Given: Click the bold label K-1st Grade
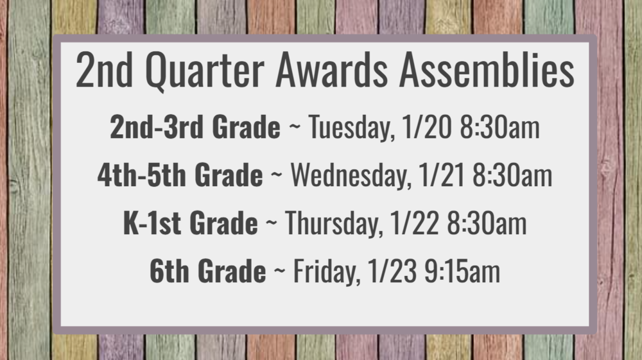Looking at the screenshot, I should (x=190, y=223).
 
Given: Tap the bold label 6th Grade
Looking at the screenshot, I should (x=207, y=271).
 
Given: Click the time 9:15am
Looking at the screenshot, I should (x=461, y=271).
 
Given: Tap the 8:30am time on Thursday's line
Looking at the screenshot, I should (x=487, y=223).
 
